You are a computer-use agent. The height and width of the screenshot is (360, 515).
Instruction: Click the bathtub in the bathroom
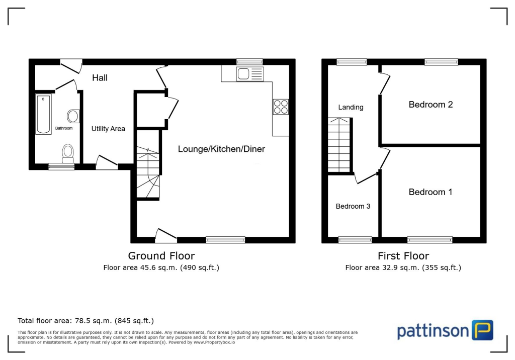pyautogui.click(x=44, y=114)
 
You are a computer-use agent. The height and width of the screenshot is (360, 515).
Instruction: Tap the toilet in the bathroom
pyautogui.click(x=67, y=151)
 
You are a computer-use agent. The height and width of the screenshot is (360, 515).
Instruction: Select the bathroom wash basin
pyautogui.click(x=73, y=116)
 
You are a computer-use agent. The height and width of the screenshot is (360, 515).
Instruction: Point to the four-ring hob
pyautogui.click(x=281, y=107)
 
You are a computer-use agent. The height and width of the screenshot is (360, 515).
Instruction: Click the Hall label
pyautogui.click(x=100, y=78)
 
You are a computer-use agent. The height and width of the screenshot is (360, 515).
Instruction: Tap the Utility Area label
pyautogui.click(x=108, y=129)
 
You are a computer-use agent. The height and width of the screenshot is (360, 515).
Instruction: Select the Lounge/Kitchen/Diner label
pyautogui.click(x=221, y=149)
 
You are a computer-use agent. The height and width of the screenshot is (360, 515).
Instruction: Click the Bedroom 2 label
pyautogui.click(x=431, y=105)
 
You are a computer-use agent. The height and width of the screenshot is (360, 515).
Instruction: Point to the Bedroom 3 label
pyautogui.click(x=353, y=206)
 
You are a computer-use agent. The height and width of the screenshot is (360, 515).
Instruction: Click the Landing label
pyautogui.click(x=351, y=107)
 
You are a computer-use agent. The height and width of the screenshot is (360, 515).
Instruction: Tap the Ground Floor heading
pyautogui.click(x=161, y=256)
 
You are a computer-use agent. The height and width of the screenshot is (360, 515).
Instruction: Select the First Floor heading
pyautogui.click(x=403, y=256)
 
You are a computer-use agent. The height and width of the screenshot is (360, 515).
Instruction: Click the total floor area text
pyautogui.click(x=85, y=320)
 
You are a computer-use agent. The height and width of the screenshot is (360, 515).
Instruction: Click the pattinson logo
pyautogui.click(x=445, y=330)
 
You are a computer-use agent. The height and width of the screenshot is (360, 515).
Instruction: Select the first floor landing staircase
pyautogui.click(x=339, y=145)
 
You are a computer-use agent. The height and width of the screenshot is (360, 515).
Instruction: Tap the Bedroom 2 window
pyautogui.click(x=441, y=62)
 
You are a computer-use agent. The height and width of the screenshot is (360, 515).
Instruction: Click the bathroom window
pyautogui.click(x=61, y=166)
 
